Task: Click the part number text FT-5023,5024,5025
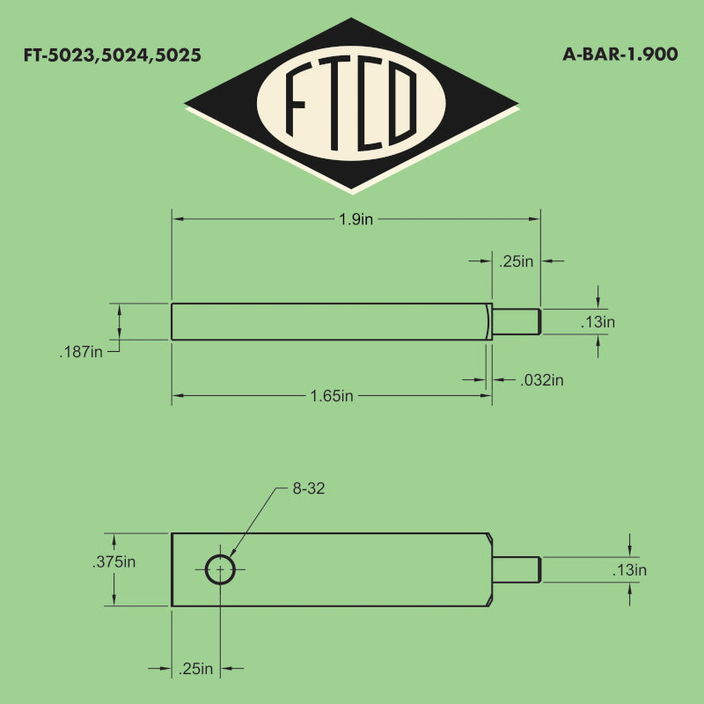[x=113, y=55]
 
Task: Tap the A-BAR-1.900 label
[x=620, y=55]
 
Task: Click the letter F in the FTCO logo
[x=296, y=99]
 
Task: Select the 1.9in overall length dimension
[x=356, y=219]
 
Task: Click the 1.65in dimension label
[x=332, y=396]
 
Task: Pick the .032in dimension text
[x=542, y=380]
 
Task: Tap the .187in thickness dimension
[x=81, y=352]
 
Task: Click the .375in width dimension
[x=114, y=561]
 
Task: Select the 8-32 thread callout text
[x=309, y=488]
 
